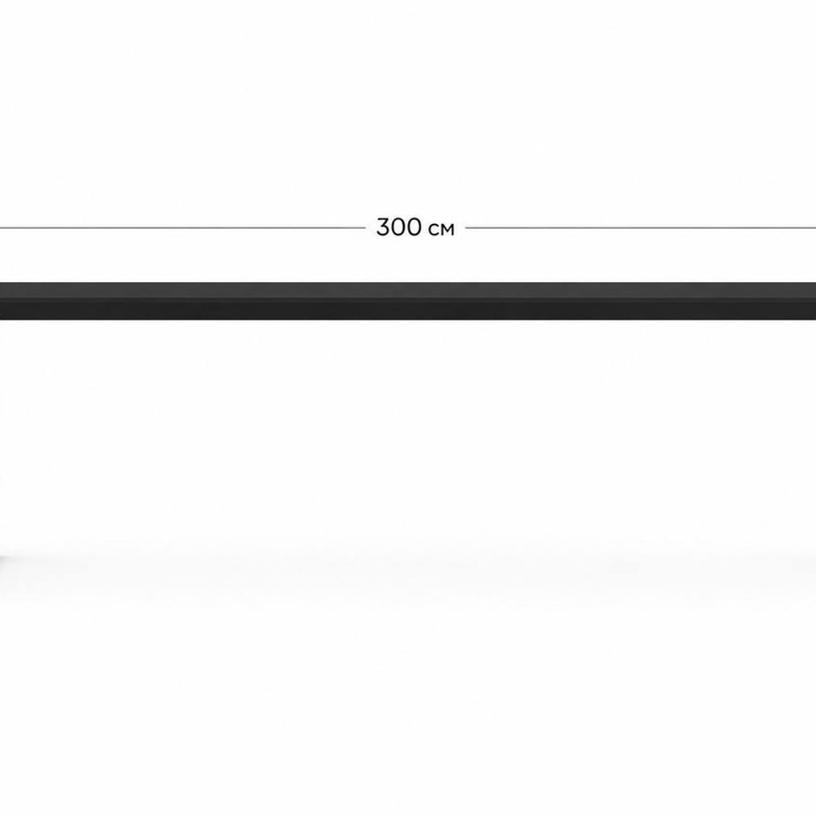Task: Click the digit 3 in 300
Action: pyautogui.click(x=383, y=227)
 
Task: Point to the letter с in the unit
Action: pyautogui.click(x=434, y=229)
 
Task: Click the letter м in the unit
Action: pyautogui.click(x=448, y=229)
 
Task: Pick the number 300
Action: pyautogui.click(x=400, y=227)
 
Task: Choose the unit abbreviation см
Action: pyautogui.click(x=441, y=229)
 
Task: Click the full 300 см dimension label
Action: pyautogui.click(x=415, y=227)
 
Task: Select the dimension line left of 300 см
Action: pyautogui.click(x=182, y=227)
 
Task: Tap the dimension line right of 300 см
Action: pyautogui.click(x=641, y=227)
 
